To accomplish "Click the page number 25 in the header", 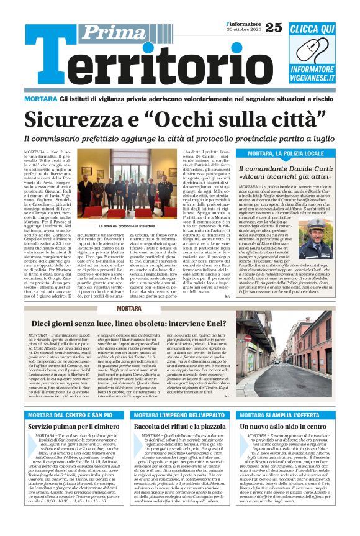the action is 273,27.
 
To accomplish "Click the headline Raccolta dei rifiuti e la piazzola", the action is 178,427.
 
